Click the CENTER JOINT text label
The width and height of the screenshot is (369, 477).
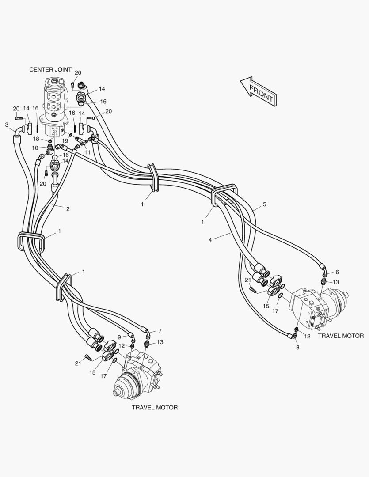click(x=50, y=70)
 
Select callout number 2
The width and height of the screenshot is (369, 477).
click(x=68, y=209)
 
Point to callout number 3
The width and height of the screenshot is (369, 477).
click(x=7, y=125)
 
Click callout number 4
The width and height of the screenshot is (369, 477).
click(x=210, y=240)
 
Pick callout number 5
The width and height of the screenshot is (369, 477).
click(x=264, y=205)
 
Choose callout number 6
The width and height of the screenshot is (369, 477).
click(x=337, y=273)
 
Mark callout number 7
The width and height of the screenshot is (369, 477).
click(x=160, y=331)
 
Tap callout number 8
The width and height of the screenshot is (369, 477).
click(x=297, y=348)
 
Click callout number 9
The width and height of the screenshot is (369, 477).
click(x=119, y=337)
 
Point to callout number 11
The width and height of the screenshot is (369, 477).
click(x=87, y=152)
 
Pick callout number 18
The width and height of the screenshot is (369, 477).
click(x=37, y=139)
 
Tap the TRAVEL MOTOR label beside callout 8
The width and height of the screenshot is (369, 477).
click(x=341, y=336)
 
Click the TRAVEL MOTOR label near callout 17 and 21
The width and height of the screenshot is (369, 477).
click(x=155, y=407)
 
